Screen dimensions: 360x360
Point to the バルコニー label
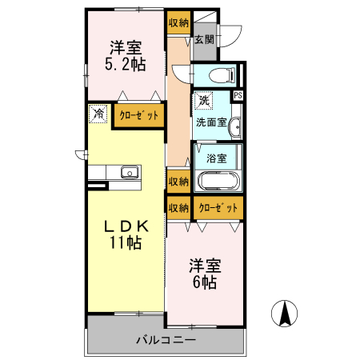[165, 340]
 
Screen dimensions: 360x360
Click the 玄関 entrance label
[204, 39]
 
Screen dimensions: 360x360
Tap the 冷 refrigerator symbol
[98, 114]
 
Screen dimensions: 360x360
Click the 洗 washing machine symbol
[204, 102]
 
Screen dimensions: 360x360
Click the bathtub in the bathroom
[216, 179]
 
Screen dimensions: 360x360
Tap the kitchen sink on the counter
[128, 172]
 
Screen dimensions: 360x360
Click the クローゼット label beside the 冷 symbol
[139, 115]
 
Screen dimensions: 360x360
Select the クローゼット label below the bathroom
[218, 208]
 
